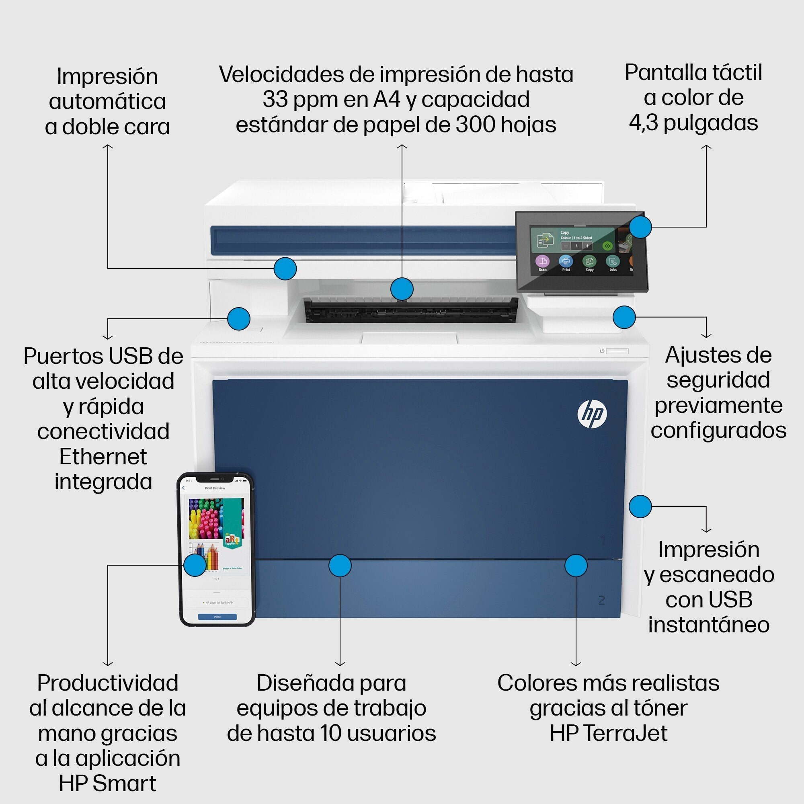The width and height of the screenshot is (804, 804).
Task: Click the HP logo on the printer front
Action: click(592, 414)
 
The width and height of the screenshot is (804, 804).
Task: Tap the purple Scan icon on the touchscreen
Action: click(542, 262)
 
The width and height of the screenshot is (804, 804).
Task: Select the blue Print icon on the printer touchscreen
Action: click(566, 261)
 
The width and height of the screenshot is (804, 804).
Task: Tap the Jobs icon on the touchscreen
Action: click(613, 262)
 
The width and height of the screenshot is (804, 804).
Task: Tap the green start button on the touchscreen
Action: click(608, 246)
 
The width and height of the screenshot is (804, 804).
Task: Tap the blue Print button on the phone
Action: click(217, 617)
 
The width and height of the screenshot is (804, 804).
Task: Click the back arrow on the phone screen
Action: click(184, 488)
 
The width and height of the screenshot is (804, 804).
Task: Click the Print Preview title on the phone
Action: click(215, 488)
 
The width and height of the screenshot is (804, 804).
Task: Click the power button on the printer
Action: click(602, 351)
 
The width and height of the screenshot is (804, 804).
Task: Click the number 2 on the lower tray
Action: click(601, 600)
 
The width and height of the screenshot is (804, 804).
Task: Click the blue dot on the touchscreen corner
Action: click(640, 227)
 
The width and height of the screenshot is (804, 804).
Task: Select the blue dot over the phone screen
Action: click(195, 565)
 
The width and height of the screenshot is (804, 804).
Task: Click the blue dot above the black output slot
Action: click(402, 289)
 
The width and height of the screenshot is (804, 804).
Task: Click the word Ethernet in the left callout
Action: click(103, 457)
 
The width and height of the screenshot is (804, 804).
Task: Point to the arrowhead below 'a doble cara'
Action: click(108, 146)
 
